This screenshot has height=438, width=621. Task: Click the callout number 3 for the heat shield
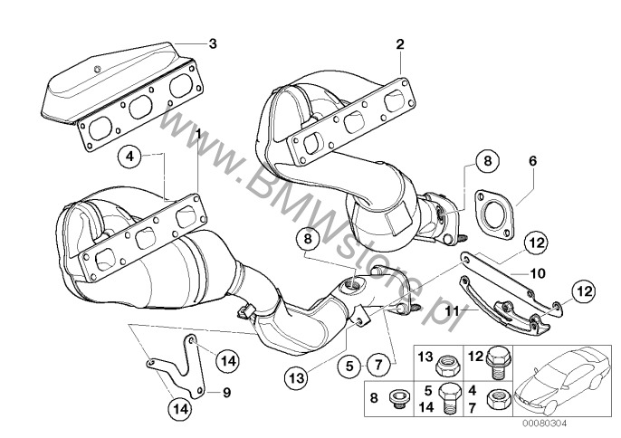click(x=213, y=43)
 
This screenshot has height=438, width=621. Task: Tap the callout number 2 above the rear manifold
click(x=399, y=43)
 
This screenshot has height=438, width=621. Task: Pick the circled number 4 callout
click(x=130, y=157)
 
